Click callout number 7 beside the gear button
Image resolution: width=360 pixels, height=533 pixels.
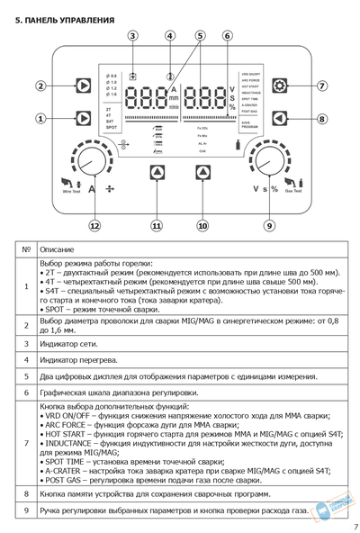coord(322,86)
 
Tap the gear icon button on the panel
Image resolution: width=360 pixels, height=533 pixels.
coord(280,86)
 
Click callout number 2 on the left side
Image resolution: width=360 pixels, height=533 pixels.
coord(40,86)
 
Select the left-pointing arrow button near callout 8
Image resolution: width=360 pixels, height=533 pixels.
coord(280,118)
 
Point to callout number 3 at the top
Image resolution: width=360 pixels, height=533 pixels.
coord(132,36)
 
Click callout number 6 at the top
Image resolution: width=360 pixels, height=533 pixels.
coord(228,36)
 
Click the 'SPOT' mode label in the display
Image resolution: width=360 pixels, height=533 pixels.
coord(112,129)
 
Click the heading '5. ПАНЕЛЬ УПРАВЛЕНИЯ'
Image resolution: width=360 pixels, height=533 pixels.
coord(64,19)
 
